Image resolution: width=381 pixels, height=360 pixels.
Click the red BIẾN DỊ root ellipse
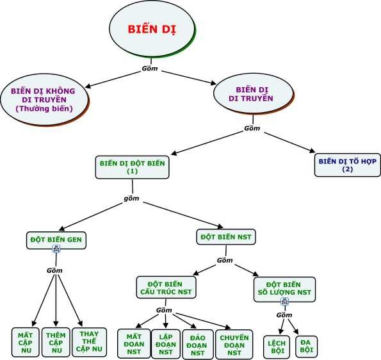[150, 30]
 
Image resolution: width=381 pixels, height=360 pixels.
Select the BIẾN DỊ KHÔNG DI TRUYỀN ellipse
[43, 99]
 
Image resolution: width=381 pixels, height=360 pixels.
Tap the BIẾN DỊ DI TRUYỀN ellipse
[250, 94]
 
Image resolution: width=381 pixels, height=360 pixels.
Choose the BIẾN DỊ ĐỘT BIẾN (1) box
[133, 167]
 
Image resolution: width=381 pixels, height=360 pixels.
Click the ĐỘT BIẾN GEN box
[56, 240]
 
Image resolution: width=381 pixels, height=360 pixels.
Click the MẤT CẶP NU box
[26, 341]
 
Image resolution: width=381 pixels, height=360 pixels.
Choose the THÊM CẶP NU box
[56, 341]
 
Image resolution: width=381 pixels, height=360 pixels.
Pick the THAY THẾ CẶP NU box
[88, 341]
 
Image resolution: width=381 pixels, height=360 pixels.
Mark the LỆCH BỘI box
[277, 347]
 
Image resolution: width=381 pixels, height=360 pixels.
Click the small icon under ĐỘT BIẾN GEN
[56, 250]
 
